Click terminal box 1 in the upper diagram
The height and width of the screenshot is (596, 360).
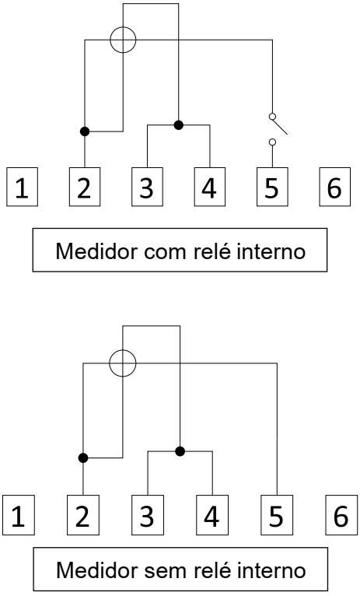[22, 187]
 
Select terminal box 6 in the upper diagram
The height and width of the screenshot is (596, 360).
[334, 187]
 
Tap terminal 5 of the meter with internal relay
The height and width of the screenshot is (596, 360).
[272, 187]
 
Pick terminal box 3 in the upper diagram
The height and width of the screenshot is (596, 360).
[147, 187]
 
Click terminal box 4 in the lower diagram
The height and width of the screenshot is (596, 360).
[212, 514]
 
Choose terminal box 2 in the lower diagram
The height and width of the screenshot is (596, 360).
[83, 514]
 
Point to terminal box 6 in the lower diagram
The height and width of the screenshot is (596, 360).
[341, 514]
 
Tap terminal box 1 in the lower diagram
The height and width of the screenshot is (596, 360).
[19, 514]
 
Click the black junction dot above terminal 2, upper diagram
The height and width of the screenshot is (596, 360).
[85, 131]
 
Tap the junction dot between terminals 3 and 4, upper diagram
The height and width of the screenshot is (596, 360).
[179, 124]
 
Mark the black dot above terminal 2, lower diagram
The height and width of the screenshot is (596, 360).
[83, 458]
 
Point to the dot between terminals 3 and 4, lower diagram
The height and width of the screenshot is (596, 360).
[180, 451]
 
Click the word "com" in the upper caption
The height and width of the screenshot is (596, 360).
[166, 252]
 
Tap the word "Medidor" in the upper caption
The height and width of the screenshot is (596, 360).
[96, 251]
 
